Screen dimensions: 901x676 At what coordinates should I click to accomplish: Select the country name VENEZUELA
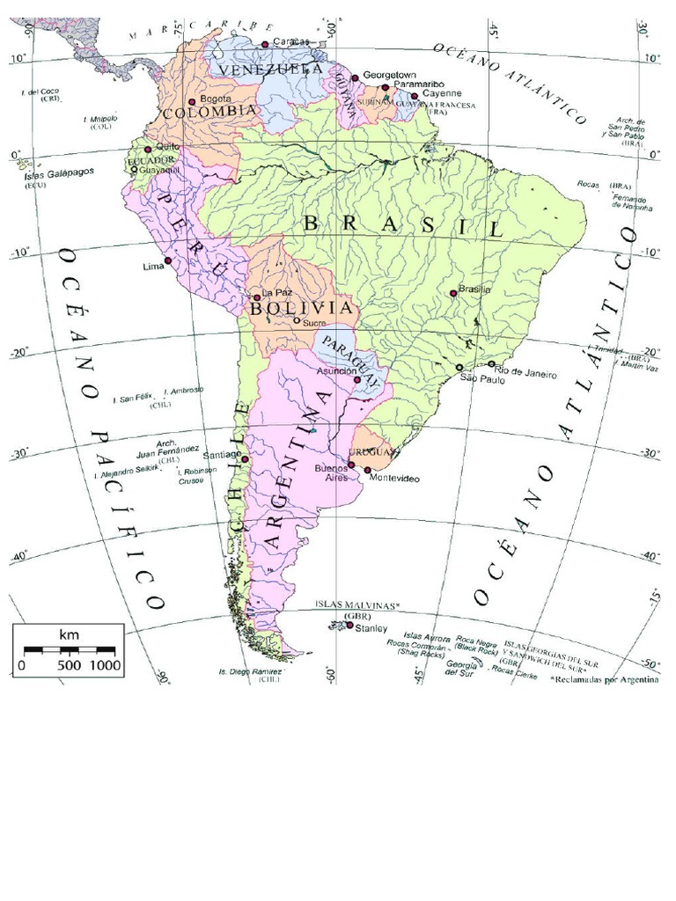click(x=270, y=69)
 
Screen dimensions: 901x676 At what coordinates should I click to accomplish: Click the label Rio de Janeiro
click(x=525, y=374)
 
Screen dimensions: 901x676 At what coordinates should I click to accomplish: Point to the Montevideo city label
click(x=394, y=478)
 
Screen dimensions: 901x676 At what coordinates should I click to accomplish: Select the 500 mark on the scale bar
click(x=69, y=666)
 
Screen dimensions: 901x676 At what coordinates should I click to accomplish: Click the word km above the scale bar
click(x=69, y=634)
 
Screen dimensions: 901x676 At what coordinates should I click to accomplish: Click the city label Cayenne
click(x=442, y=92)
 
